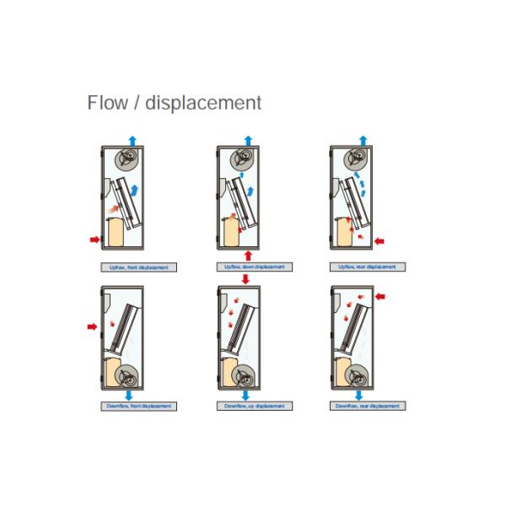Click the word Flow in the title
106,103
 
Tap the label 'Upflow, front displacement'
137,267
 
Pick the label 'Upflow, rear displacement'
366,267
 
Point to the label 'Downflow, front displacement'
137,406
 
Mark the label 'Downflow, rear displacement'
366,406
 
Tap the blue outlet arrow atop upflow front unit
132,139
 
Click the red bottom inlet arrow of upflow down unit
248,254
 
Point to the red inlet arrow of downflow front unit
92,325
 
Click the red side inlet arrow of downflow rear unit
379,296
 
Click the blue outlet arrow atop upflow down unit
248,139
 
